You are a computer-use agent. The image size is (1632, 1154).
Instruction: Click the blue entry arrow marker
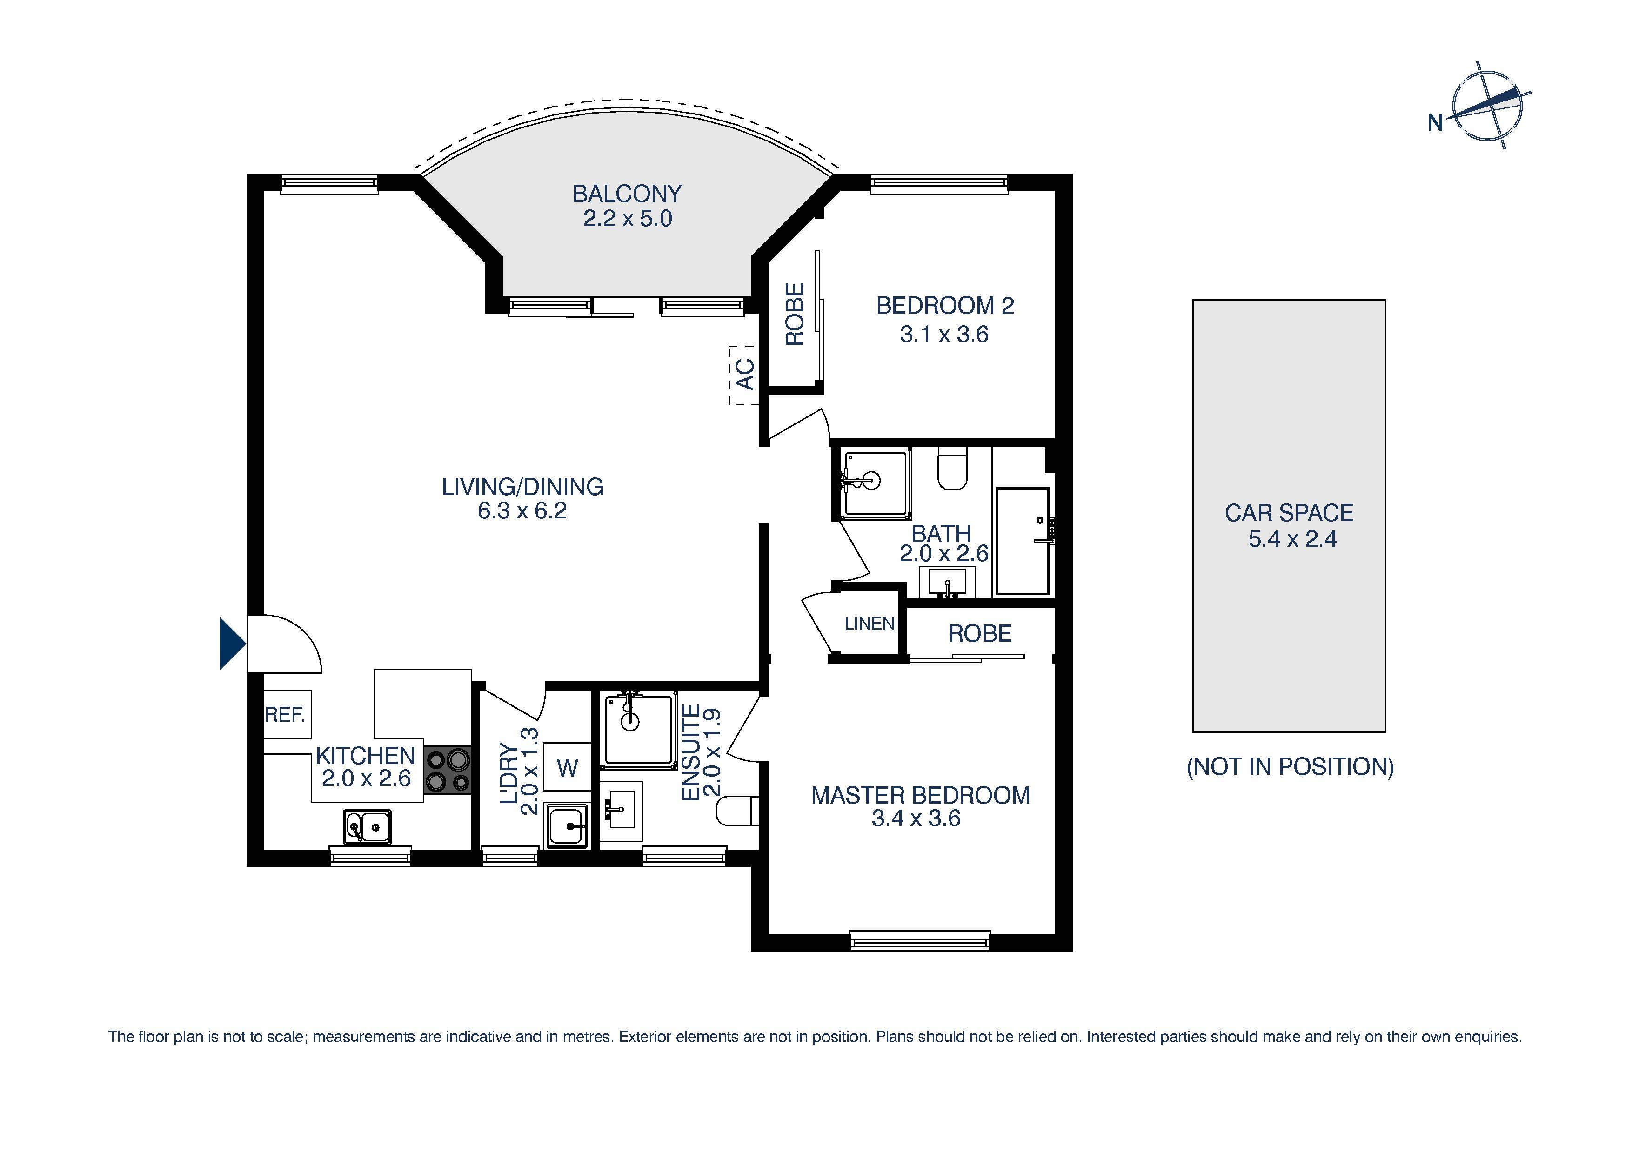tap(232, 644)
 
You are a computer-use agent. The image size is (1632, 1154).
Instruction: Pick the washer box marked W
tap(567, 767)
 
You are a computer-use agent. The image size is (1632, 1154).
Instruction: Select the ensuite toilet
tap(736, 811)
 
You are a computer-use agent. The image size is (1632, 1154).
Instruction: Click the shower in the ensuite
tap(638, 730)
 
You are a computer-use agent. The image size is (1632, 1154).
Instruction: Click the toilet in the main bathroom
tap(952, 470)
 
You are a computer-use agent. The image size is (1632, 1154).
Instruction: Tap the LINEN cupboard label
tap(869, 624)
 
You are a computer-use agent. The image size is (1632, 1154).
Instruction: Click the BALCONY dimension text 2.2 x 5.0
tap(627, 218)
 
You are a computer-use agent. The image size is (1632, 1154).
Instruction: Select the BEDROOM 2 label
tap(945, 306)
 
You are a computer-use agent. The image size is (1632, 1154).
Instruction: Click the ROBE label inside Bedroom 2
tap(794, 314)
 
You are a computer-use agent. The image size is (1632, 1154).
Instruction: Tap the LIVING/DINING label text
tap(522, 487)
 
